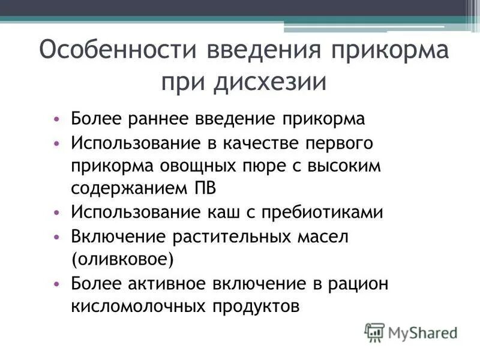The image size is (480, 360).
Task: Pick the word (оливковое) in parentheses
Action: point(122,259)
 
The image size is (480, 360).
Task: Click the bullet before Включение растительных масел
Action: point(56,236)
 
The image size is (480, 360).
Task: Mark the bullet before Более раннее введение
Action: point(56,119)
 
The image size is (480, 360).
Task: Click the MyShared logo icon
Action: point(374,332)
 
